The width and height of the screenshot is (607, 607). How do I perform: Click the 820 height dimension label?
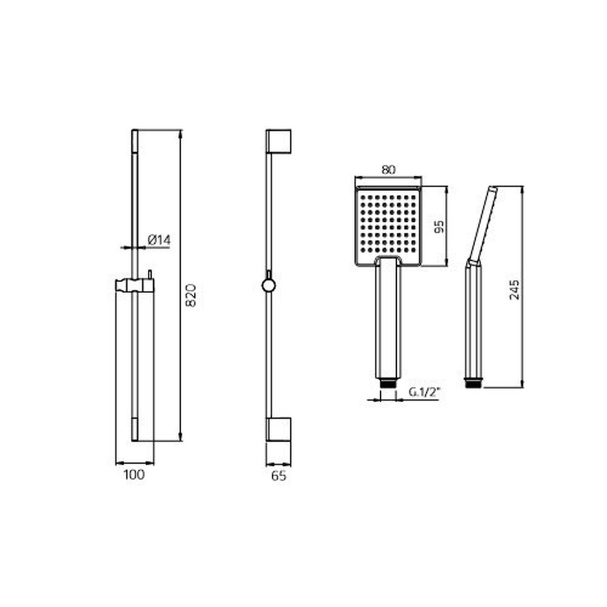click(x=191, y=295)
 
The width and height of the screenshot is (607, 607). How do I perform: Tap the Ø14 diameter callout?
click(x=159, y=240)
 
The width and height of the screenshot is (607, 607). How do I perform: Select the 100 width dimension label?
click(x=134, y=475)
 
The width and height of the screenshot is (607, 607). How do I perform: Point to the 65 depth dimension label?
click(x=278, y=475)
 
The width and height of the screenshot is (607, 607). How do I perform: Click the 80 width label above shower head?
click(x=388, y=170)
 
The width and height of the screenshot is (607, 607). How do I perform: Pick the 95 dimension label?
click(x=439, y=226)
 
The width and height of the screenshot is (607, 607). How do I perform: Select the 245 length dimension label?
click(x=515, y=290)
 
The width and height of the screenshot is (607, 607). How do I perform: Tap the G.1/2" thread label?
click(x=425, y=392)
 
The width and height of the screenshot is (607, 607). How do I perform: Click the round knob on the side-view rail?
click(x=269, y=286)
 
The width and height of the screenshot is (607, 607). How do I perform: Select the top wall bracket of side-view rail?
click(x=278, y=141)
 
